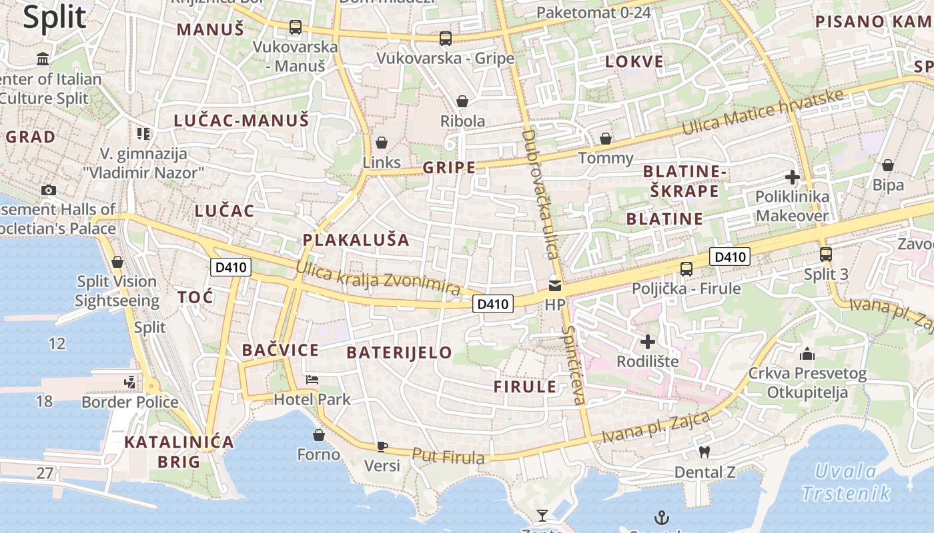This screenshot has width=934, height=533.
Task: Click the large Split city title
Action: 55,17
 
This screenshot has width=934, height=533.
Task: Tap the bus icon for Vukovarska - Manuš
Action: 295,27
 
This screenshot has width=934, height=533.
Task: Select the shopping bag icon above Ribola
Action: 462,101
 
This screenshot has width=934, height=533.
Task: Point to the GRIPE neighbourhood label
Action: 450,167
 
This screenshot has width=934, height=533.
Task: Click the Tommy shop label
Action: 606,158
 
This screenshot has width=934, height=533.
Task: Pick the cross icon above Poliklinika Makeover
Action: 793,177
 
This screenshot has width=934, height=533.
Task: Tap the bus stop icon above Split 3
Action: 826,254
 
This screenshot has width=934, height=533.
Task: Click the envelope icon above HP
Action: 554,286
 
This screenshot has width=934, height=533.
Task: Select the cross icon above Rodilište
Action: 647,342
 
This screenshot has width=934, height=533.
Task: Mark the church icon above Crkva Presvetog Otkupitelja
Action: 807,353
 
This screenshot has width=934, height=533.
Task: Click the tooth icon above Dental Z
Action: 704,452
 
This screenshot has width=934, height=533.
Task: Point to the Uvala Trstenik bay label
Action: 846,482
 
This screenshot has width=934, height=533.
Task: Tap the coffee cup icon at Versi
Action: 382,446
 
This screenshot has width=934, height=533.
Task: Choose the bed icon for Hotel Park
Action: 312,380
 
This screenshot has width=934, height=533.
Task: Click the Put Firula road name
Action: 448,456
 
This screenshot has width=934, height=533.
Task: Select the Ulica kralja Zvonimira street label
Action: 378,278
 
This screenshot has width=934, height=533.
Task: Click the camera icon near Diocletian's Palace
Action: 48,190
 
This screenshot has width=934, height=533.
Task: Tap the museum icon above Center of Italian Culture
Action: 43,59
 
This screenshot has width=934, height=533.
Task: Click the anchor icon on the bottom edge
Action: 661,517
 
